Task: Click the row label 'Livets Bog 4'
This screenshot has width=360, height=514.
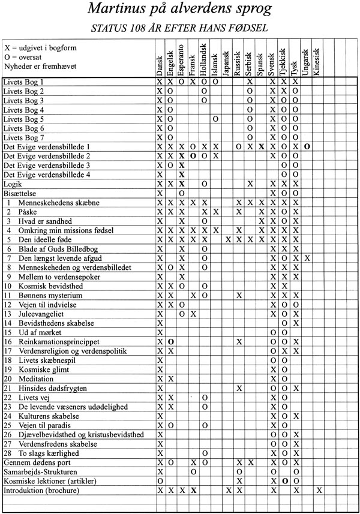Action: [x=24, y=110]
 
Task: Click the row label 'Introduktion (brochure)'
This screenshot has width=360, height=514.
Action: [x=41, y=491]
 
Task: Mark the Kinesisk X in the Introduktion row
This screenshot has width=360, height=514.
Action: [x=319, y=491]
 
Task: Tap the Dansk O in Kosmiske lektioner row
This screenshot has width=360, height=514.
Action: [x=160, y=481]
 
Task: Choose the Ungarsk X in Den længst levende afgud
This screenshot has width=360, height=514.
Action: [x=307, y=258]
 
